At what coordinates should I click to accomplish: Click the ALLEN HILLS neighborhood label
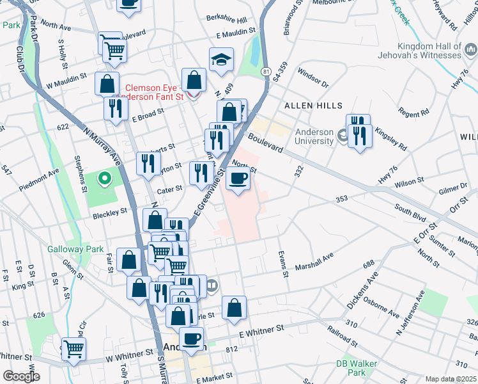pyautogui.click(x=313, y=105)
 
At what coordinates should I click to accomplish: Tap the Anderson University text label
pyautogui.click(x=314, y=137)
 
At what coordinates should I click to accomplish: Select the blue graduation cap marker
pyautogui.click(x=221, y=60)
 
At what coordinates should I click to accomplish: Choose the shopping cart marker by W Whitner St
pyautogui.click(x=74, y=349)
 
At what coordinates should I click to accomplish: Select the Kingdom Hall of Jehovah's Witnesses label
pyautogui.click(x=438, y=51)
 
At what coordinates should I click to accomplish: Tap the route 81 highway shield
pyautogui.click(x=265, y=71)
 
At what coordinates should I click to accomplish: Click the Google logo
pyautogui.click(x=21, y=376)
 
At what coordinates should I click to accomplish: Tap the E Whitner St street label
pyautogui.click(x=261, y=328)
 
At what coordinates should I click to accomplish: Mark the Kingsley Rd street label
pyautogui.click(x=393, y=141)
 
